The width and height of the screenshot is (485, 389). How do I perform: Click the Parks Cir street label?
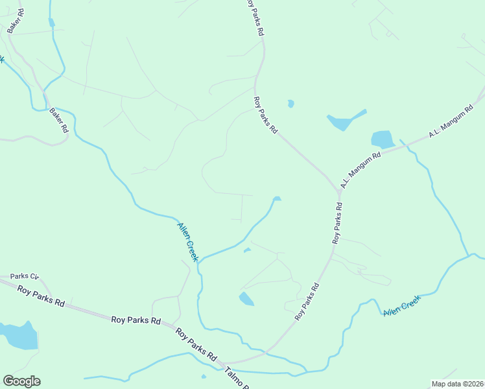tap(25, 276)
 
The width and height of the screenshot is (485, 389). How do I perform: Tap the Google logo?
tap(21, 381)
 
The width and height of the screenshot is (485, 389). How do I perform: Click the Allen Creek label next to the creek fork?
tap(187, 242)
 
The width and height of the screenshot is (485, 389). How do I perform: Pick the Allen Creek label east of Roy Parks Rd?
tap(402, 305)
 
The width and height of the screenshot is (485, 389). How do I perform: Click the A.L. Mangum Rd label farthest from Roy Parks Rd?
tap(451, 123)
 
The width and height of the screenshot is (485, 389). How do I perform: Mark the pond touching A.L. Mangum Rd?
tap(383, 139)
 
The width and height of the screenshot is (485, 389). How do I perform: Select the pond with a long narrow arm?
tap(342, 121)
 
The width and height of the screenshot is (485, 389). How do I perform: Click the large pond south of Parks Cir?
tap(19, 335)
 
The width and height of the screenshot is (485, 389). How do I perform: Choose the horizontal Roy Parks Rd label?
tap(136, 320)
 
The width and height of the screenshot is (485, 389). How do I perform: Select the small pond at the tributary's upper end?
tap(277, 198)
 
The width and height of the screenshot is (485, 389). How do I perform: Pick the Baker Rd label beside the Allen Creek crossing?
tap(58, 120)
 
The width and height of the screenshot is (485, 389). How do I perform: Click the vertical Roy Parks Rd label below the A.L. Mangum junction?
tap(337, 223)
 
